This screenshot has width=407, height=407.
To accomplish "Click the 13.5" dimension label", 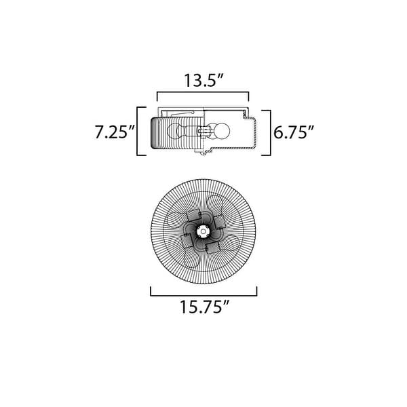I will [x=203, y=80].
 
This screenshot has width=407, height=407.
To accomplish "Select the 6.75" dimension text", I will [x=294, y=132].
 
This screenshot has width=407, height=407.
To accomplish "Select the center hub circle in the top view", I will [x=203, y=231].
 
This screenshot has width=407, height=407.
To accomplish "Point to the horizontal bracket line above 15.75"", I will [x=203, y=294].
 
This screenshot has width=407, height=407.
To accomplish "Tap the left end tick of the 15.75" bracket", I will [x=150, y=290].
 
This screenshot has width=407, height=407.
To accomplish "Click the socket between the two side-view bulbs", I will [x=201, y=132].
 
